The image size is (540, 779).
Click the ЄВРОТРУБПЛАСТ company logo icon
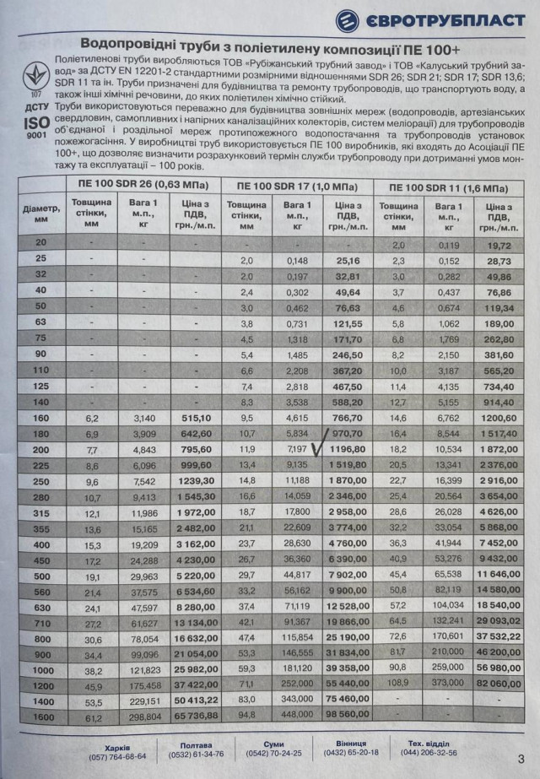pos(348,20)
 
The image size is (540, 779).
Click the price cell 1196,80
pos(347,449)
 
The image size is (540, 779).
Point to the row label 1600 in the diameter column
pos(40,716)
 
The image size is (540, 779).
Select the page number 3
pos(521,757)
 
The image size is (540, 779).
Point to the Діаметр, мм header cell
pos(40,215)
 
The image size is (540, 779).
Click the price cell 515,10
pos(196,417)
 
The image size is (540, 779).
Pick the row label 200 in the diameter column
pos(40,449)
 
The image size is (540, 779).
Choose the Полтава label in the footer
pos(195,745)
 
